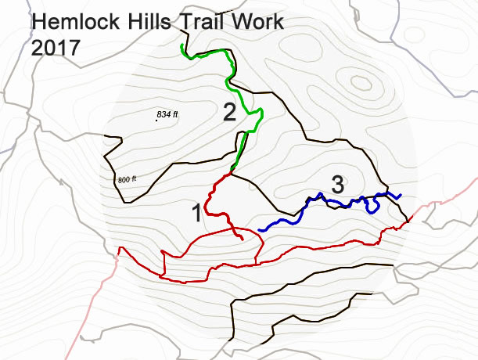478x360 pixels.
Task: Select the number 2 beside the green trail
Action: pos(229,112)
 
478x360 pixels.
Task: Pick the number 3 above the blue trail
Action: pos(338,185)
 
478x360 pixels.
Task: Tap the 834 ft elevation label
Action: pos(167,115)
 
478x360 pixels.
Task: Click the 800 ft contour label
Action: pos(128,180)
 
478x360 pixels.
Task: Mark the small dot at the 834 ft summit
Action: pos(155,120)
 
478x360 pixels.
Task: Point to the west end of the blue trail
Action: pos(260,229)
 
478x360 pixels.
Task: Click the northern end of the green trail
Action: pos(181,46)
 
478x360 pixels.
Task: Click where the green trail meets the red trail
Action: pos(234,172)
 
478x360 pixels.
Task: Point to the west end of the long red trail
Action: pos(118,249)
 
